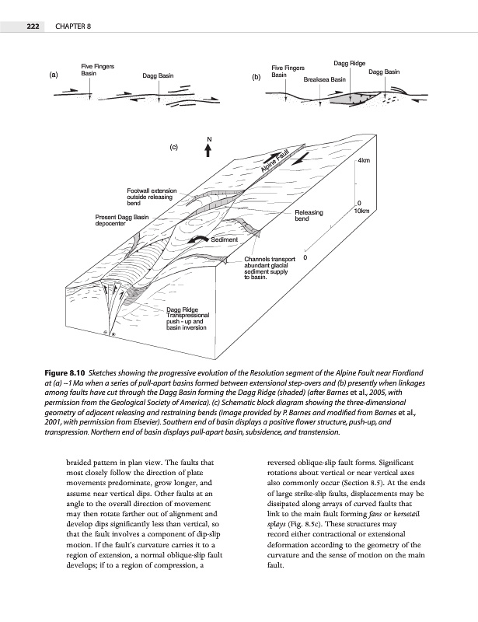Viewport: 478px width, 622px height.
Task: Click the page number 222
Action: coord(32,27)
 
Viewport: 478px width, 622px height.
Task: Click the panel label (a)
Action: coord(54,75)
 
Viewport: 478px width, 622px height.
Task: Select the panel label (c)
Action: coord(174,145)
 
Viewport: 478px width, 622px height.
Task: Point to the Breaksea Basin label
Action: coord(324,79)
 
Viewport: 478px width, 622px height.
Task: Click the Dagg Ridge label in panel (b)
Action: coord(349,62)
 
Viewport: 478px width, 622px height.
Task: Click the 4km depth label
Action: coord(364,161)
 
